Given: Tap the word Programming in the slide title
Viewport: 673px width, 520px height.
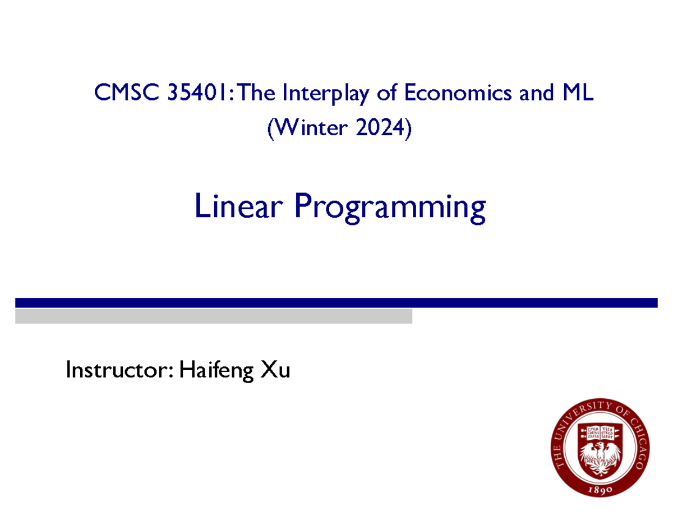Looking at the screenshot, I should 389,208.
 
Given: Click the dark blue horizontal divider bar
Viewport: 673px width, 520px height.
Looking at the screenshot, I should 336,303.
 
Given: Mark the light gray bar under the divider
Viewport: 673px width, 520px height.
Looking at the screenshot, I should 213,316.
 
